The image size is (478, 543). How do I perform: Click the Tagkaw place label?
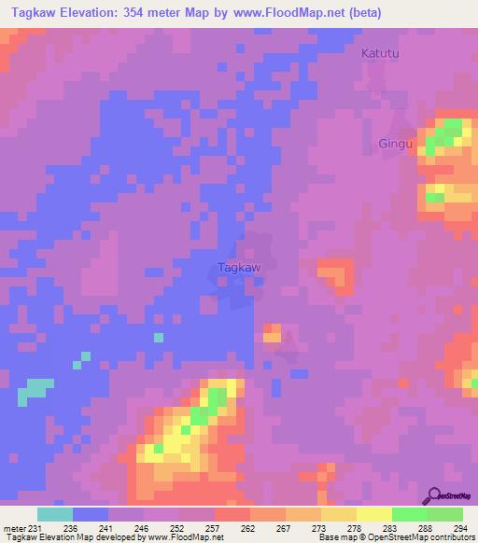(x=238, y=267)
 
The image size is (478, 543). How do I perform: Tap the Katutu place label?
(x=380, y=54)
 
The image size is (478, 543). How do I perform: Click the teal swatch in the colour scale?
(x=55, y=514)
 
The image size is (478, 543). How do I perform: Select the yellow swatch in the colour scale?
(x=374, y=514)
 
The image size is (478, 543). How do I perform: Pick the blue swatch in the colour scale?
(x=91, y=514)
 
